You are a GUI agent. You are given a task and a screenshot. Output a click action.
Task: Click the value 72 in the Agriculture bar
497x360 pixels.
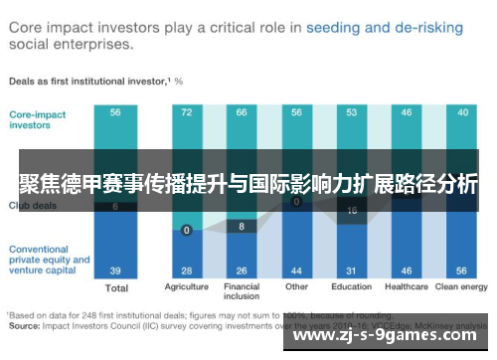186,113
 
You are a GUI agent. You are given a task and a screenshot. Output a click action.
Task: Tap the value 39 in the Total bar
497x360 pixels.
116,270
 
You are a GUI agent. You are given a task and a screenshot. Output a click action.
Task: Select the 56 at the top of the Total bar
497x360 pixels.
116,113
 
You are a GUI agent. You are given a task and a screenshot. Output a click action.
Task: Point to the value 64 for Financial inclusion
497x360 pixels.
242,113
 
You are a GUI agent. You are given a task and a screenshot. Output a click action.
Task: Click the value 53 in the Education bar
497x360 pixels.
351,113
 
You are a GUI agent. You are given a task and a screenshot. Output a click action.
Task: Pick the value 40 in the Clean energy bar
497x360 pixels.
462,113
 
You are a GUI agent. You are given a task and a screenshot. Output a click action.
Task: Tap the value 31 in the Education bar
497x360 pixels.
351,270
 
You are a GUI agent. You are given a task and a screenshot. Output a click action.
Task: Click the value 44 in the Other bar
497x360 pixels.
296,270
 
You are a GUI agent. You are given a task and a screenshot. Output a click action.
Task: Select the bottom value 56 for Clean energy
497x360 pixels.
462,270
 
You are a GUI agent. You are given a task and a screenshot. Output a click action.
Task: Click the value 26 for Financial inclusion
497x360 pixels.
242,270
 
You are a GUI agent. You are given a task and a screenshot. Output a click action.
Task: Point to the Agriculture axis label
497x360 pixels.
186,288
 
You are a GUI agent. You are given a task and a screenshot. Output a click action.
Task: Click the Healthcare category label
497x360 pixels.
407,288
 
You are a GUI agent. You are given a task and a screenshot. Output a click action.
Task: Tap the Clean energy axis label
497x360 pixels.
461,288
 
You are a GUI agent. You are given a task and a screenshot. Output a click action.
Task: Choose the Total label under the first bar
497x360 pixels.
116,288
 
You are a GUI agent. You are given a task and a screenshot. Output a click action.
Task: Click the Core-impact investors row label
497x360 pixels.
38,119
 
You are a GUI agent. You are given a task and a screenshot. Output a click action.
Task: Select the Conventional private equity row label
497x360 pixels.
49,260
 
